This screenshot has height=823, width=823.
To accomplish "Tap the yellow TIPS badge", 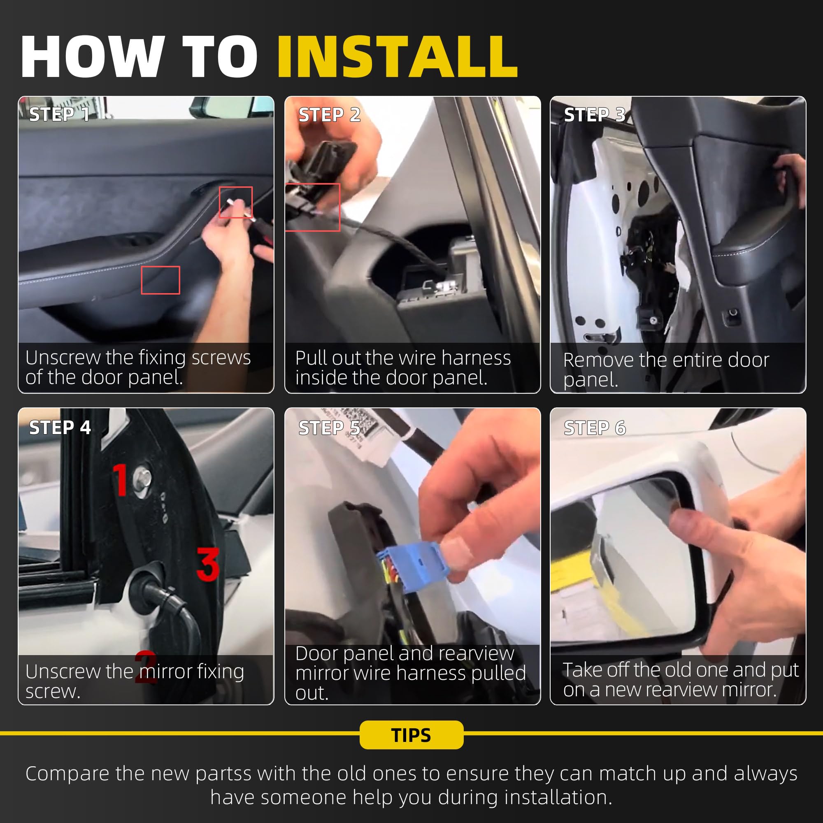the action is click(411, 735).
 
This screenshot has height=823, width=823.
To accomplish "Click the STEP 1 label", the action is click(59, 114).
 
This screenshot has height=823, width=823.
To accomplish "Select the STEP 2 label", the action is click(329, 114).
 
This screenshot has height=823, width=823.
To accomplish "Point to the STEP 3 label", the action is click(595, 114).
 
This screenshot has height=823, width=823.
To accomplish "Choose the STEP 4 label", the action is click(60, 427).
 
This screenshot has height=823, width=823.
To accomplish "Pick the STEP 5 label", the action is click(329, 428).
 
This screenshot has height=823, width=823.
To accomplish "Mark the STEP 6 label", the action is click(595, 428).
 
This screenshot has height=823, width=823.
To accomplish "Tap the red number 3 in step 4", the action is click(208, 564).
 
